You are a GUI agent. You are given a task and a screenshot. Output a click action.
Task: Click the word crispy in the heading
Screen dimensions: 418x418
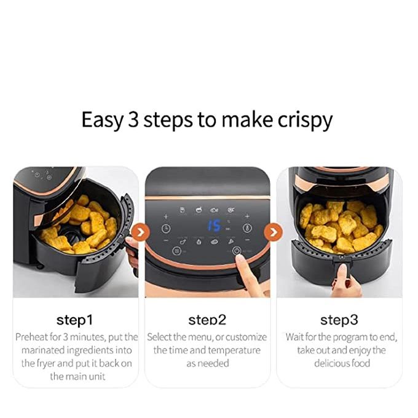306,120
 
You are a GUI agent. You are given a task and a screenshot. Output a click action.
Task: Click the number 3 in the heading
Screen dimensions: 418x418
133,119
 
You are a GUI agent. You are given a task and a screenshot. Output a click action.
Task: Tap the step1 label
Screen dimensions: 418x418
74,320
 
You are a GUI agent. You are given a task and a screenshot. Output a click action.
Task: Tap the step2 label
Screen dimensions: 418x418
207,320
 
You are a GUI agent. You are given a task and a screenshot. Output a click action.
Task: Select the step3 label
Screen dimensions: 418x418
339,320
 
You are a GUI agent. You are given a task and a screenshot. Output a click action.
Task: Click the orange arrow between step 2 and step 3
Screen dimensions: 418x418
274,232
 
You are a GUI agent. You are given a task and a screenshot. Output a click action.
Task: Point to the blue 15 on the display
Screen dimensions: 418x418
215,226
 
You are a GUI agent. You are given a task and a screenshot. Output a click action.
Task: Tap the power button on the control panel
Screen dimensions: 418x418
237,251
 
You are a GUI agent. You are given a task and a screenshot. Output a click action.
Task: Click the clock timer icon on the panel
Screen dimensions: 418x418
166,229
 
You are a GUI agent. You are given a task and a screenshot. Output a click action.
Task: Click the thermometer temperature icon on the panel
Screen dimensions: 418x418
247,228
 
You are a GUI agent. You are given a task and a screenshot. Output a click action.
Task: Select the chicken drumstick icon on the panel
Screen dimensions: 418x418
183,242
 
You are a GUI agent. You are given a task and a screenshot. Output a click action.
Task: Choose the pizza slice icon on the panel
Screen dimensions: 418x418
231,242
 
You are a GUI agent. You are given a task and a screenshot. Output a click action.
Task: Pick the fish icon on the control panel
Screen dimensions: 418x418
214,210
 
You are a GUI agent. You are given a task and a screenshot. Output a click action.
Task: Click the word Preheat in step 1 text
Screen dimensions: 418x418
32,337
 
